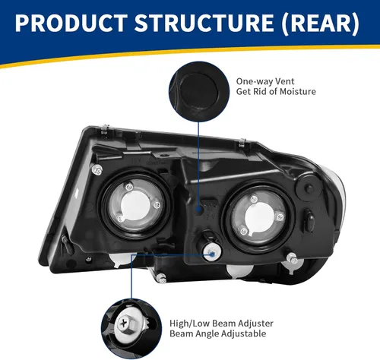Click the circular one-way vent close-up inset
coord(199,88)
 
